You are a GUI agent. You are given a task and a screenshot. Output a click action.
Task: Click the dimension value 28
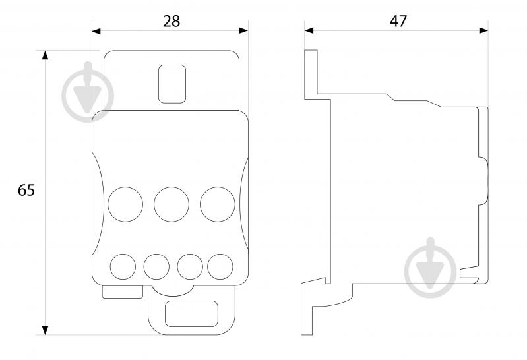(x=171, y=21)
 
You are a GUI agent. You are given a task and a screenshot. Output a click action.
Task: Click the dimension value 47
(x=398, y=21)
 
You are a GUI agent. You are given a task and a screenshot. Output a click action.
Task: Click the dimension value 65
(x=26, y=191)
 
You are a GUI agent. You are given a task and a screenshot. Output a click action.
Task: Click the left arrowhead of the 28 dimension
(x=96, y=31)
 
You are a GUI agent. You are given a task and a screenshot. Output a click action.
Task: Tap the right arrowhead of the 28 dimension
(x=243, y=30)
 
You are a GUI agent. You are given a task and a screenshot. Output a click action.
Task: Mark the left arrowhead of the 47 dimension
(x=309, y=30)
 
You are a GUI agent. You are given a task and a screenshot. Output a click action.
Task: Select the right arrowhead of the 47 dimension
(x=483, y=30)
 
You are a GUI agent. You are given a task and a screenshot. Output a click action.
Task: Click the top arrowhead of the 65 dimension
(x=45, y=55)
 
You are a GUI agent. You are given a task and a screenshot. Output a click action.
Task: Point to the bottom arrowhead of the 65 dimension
(x=45, y=330)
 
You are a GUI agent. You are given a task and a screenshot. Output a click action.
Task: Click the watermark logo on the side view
(x=430, y=268)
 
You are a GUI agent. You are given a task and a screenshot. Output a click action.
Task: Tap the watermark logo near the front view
(x=88, y=92)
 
